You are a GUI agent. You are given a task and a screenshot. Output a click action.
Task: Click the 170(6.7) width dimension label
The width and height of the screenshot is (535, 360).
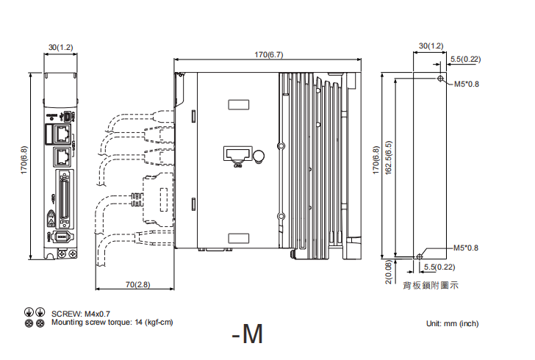[x=268, y=54]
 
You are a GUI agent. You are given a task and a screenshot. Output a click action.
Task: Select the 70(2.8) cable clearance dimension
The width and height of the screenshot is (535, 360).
[x=137, y=284]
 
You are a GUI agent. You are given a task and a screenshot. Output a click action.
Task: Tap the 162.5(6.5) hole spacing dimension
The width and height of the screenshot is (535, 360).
[x=388, y=168]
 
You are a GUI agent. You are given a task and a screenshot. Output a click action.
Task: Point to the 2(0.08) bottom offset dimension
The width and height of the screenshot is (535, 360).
[x=387, y=270]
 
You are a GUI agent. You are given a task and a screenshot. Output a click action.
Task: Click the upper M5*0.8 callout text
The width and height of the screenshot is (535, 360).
[x=466, y=84]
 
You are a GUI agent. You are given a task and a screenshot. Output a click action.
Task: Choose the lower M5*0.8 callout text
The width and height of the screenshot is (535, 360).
[x=466, y=248]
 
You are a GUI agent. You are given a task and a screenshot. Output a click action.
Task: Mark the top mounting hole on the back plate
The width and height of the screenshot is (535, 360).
[x=439, y=79]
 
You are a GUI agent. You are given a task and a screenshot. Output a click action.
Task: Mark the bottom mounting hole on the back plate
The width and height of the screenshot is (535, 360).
[x=419, y=256]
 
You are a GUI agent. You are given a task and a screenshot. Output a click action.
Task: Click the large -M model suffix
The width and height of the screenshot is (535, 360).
[x=246, y=335]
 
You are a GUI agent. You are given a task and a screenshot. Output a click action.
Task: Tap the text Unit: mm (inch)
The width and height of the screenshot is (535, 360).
[x=452, y=323]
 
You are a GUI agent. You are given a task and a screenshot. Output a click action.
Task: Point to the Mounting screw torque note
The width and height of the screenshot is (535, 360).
[x=112, y=322]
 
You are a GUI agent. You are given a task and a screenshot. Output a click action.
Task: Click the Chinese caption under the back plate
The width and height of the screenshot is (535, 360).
[x=431, y=285]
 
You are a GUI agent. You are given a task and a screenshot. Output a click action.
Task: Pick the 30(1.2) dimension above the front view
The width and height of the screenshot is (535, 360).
[x=60, y=47]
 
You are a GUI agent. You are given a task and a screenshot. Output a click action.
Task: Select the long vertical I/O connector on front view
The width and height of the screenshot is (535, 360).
[x=63, y=197]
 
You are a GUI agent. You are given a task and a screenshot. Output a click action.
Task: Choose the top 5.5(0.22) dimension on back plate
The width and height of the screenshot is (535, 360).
[x=465, y=59]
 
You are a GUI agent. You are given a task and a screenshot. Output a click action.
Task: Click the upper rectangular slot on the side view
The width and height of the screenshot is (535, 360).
[x=238, y=104]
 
